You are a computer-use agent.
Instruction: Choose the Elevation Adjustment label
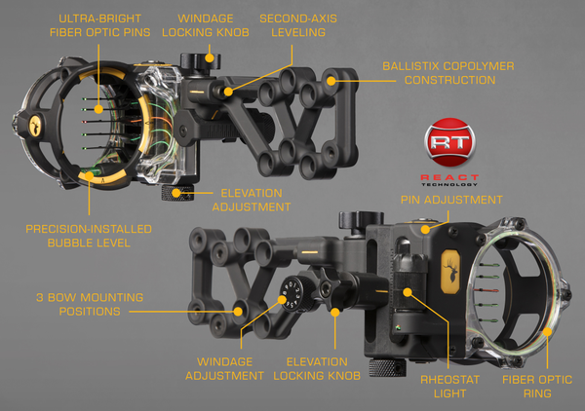[x=256, y=200]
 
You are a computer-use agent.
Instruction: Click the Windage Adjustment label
[x=232, y=367]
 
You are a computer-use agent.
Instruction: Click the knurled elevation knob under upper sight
[x=180, y=193]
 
